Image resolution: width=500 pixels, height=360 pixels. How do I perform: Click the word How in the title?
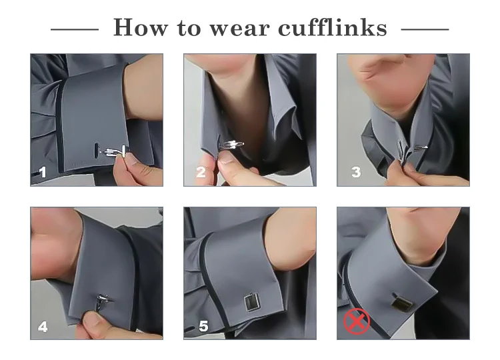(140, 27)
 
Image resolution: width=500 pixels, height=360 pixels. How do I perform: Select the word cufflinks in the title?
(333, 27)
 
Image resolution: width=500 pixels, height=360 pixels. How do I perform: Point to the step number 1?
(43, 173)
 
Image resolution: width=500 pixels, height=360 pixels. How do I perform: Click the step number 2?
(201, 172)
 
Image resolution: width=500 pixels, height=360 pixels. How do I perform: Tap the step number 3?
(356, 172)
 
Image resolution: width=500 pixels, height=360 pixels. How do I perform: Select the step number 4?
(43, 327)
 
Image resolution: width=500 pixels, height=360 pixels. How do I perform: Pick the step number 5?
(203, 326)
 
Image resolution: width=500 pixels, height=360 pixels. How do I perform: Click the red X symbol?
(357, 321)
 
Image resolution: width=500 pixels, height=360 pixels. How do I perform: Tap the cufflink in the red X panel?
(403, 302)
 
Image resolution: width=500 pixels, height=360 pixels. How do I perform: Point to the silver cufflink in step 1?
(114, 151)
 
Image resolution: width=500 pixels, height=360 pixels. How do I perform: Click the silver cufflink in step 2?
(231, 145)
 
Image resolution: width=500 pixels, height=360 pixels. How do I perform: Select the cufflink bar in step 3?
(421, 147)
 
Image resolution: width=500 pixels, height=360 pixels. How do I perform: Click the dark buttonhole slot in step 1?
(96, 150)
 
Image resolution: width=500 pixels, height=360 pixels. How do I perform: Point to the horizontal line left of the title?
(75, 29)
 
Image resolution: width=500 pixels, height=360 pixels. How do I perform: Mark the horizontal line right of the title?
(425, 29)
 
